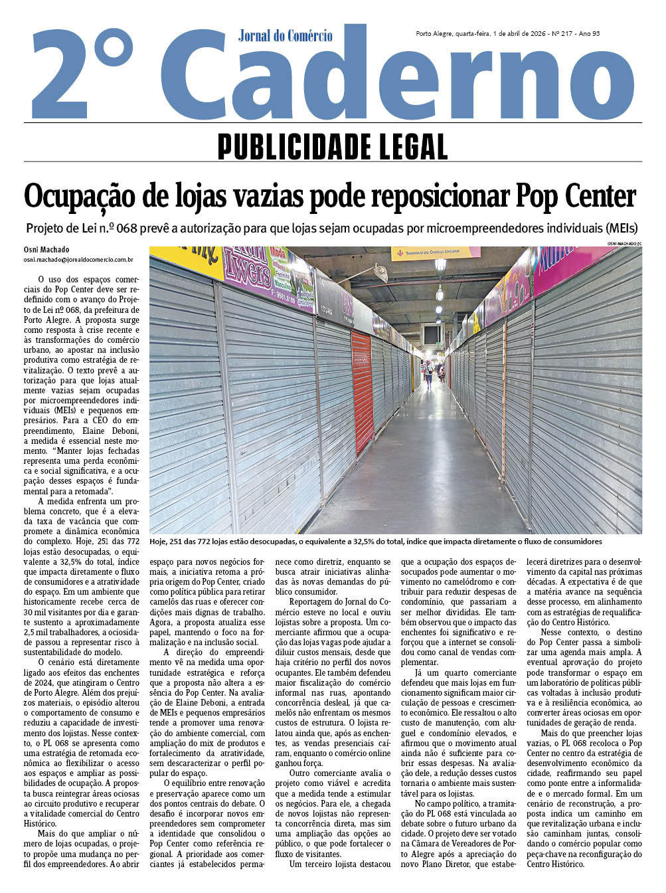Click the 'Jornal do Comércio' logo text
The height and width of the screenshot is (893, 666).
(x=286, y=35)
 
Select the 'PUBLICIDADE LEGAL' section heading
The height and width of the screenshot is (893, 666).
(x=333, y=146)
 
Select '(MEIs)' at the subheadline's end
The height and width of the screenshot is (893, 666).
(x=621, y=229)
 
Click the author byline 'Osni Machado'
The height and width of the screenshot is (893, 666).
(x=46, y=250)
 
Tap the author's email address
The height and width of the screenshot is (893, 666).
(x=78, y=260)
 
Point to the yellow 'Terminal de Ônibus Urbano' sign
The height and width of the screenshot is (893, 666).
(x=435, y=252)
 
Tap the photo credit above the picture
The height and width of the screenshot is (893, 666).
(x=624, y=244)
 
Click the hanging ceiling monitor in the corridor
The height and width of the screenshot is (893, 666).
(x=432, y=334)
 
